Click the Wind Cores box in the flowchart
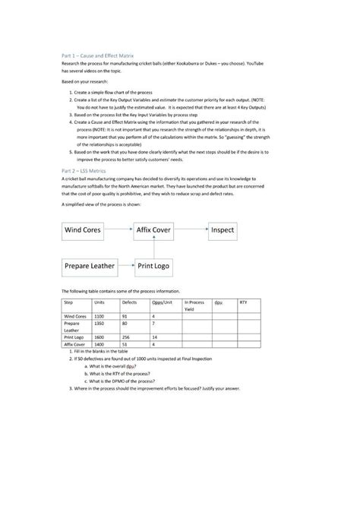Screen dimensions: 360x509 pyautogui.click(x=84, y=229)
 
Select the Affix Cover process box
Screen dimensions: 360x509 pyautogui.click(x=154, y=229)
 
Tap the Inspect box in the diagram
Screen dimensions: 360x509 pyautogui.click(x=223, y=229)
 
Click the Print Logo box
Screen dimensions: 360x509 pyautogui.click(x=154, y=267)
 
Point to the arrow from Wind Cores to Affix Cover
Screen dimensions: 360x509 pyautogui.click(x=119, y=229)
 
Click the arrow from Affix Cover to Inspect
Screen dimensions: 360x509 pyautogui.click(x=191, y=229)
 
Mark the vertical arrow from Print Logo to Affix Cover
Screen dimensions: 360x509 pyautogui.click(x=154, y=248)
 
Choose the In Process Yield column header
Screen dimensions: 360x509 pyautogui.click(x=194, y=305)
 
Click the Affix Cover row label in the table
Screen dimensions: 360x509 pyautogui.click(x=76, y=343)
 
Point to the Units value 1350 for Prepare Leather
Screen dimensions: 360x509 pyautogui.click(x=99, y=323)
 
